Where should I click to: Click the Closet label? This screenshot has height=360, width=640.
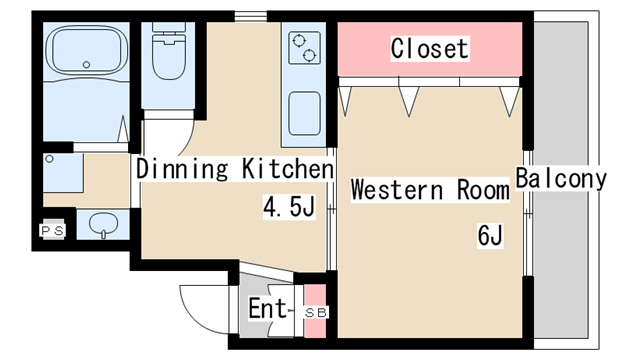(x=429, y=49)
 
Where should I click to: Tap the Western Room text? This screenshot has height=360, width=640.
(x=430, y=190)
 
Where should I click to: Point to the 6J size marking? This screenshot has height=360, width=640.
(x=490, y=235)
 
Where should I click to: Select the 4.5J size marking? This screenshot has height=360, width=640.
(x=289, y=207)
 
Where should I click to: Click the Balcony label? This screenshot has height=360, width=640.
(x=561, y=178)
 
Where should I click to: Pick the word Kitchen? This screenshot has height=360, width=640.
(x=288, y=168)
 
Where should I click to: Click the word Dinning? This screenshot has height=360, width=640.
(x=182, y=169)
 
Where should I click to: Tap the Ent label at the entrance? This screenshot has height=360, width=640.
(x=268, y=308)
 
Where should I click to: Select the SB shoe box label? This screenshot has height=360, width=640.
(x=316, y=313)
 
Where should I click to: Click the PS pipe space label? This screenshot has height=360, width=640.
(x=53, y=231)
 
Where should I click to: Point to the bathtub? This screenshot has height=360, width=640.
(x=86, y=50)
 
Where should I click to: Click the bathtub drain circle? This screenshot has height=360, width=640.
(x=86, y=64)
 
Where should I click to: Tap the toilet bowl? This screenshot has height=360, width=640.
(x=169, y=56)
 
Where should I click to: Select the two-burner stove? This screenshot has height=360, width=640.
(x=304, y=48)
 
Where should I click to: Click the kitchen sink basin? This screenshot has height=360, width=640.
(x=304, y=114)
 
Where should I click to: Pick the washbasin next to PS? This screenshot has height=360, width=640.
(x=103, y=224)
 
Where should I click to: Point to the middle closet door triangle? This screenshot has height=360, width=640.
(x=409, y=101)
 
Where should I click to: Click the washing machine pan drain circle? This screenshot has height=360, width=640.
(x=49, y=159)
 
